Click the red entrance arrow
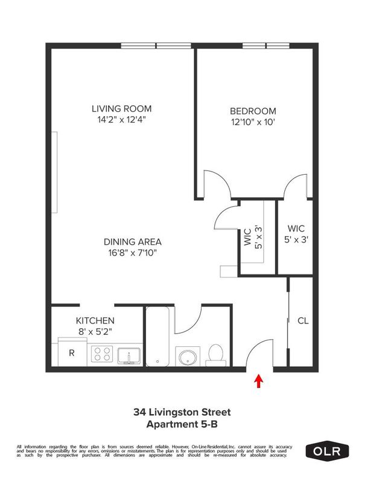click(x=259, y=381)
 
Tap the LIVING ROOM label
click(x=121, y=109)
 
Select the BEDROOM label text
click(x=253, y=111)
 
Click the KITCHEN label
click(x=95, y=320)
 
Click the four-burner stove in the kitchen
click(x=101, y=354)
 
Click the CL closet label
click(x=302, y=321)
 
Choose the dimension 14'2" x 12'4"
click(x=121, y=120)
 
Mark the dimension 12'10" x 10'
click(x=253, y=122)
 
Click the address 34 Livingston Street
click(x=182, y=413)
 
